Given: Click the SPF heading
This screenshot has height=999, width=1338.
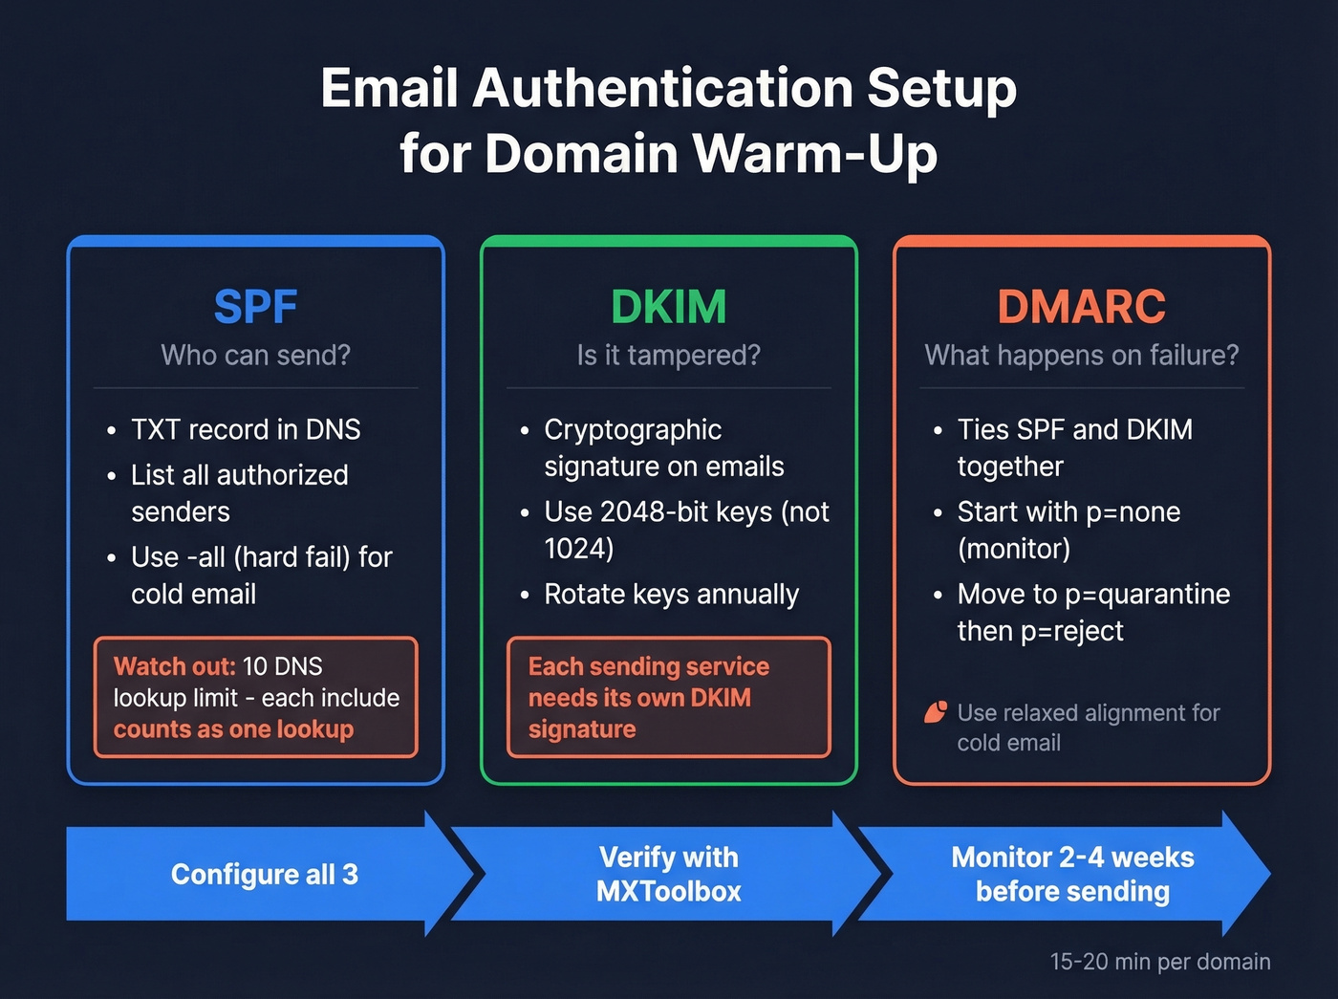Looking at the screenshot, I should coord(255,307).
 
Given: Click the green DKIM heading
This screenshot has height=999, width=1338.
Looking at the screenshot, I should coord(668,307).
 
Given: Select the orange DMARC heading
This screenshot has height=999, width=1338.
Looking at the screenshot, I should coord(1081,307).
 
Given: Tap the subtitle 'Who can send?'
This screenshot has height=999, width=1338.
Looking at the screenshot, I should coord(255,356).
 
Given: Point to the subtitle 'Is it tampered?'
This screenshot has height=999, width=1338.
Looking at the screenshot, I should coord(668,356).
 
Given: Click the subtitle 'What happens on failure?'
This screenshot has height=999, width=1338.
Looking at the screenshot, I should coord(1081,356).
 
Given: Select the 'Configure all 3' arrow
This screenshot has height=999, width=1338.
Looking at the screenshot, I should coord(264,874).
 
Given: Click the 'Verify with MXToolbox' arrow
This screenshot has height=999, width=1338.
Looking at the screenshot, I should coord(668,874).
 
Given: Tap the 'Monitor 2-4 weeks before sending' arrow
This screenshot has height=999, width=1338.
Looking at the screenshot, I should coord(1072,874).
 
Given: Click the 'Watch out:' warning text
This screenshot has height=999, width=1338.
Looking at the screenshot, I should coord(174,666).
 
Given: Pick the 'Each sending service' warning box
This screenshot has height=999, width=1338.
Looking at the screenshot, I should coord(668,697).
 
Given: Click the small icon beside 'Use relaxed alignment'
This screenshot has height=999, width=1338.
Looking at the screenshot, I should coord(936,712).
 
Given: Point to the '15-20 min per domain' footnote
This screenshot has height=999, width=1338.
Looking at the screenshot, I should coord(1159,962).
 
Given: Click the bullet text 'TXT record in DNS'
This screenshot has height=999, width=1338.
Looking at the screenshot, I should coord(246,430).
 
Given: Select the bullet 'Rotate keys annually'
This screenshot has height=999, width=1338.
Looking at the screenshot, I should coord(671,595).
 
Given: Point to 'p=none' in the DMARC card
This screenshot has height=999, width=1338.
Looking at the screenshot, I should coord(1133,512).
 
